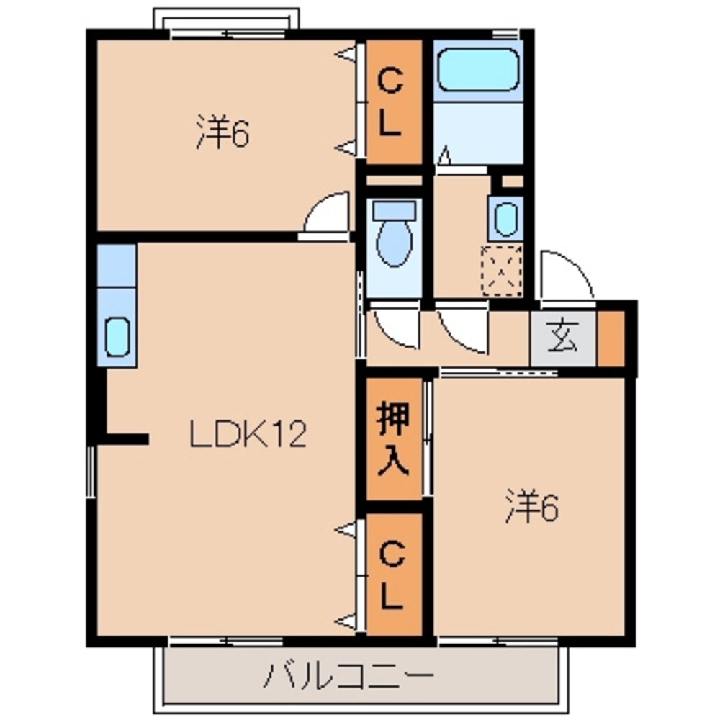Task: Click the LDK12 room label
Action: point(248,434)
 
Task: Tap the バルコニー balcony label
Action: point(351,676)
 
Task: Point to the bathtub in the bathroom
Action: point(478,69)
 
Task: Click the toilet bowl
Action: point(393,242)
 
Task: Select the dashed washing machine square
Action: point(502,270)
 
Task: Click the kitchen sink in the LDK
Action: point(117,336)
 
